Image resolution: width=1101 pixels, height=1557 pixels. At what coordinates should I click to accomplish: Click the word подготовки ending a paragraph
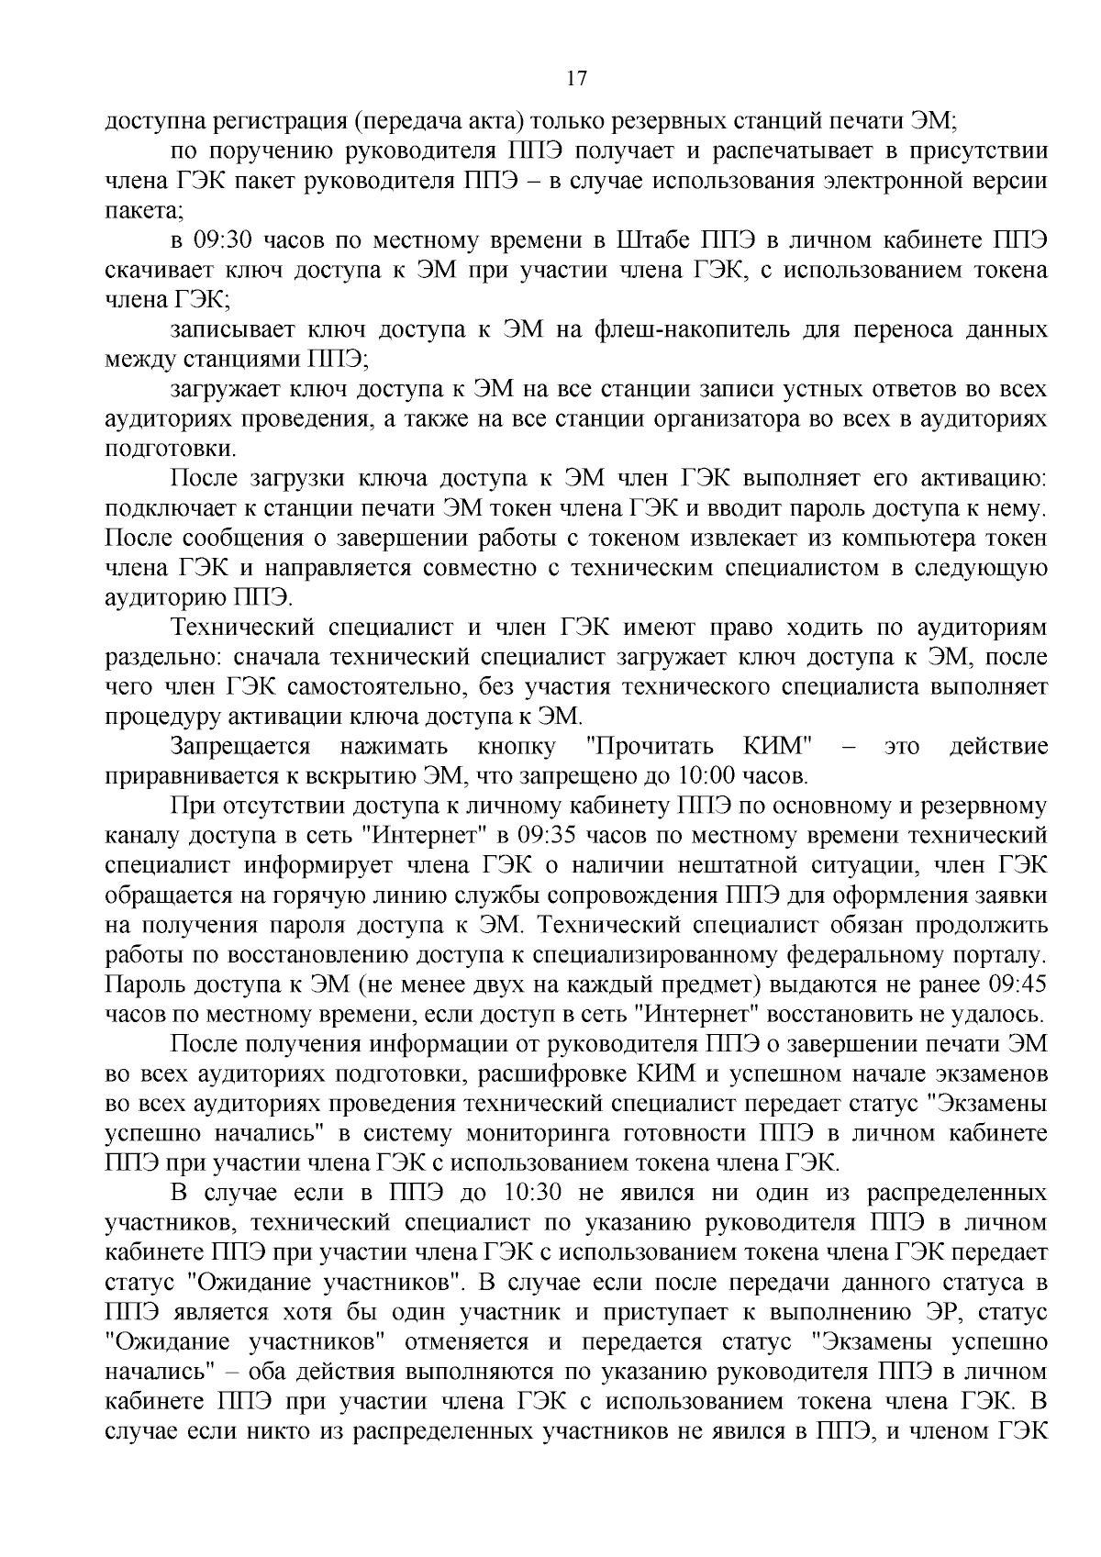point(158,449)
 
